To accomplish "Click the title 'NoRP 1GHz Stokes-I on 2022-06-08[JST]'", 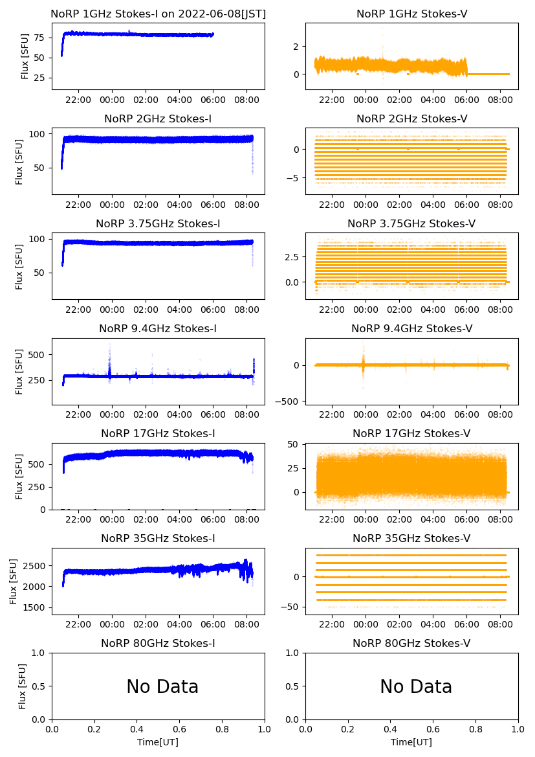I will click(x=158, y=14).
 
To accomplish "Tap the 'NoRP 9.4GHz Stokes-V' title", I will click(x=411, y=329).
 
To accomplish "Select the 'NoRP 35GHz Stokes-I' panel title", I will click(x=158, y=539).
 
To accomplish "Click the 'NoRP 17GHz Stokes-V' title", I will click(x=411, y=434).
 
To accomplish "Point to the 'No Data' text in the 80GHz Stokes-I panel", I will click(x=162, y=687).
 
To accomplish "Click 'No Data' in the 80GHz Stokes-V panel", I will click(x=416, y=687).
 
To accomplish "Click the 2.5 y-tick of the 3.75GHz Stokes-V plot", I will click(x=293, y=257).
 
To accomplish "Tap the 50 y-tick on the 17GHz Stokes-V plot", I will click(x=296, y=444).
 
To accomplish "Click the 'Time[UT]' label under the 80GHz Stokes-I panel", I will click(x=158, y=742).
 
